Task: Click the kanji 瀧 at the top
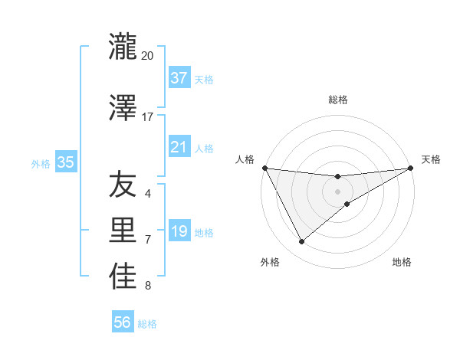pos(123,47)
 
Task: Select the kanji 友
pos(123,185)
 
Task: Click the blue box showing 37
pos(179,78)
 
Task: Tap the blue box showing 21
pos(179,147)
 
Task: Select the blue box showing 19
pos(179,231)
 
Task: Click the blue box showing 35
pos(65,162)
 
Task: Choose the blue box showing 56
pos(123,322)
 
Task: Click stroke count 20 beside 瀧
pos(147,56)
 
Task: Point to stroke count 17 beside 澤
pos(147,116)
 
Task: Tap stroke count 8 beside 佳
pos(148,286)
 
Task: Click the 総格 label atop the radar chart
pos(338,100)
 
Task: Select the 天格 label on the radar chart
pos(431,159)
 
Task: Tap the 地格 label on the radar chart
pos(402,262)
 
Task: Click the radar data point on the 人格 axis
pos(264,168)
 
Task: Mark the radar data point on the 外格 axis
pos(301,242)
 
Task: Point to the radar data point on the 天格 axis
pos(410,168)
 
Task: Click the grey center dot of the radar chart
pos(337,191)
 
